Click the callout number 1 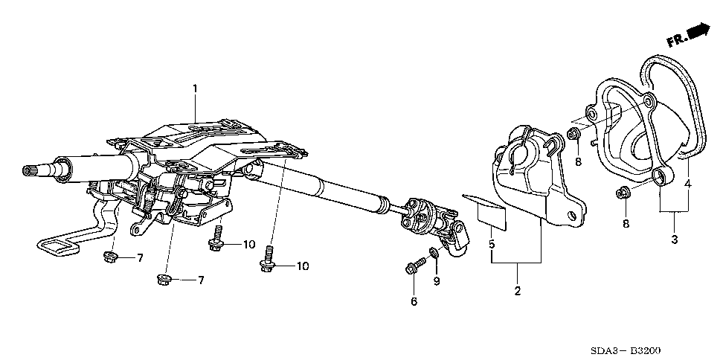point(195,89)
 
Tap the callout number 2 point(518,292)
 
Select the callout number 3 point(675,240)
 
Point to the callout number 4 point(687,184)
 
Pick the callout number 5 point(492,244)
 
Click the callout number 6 point(414,301)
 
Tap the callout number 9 point(437,280)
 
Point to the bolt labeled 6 point(416,266)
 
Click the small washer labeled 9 point(434,251)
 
